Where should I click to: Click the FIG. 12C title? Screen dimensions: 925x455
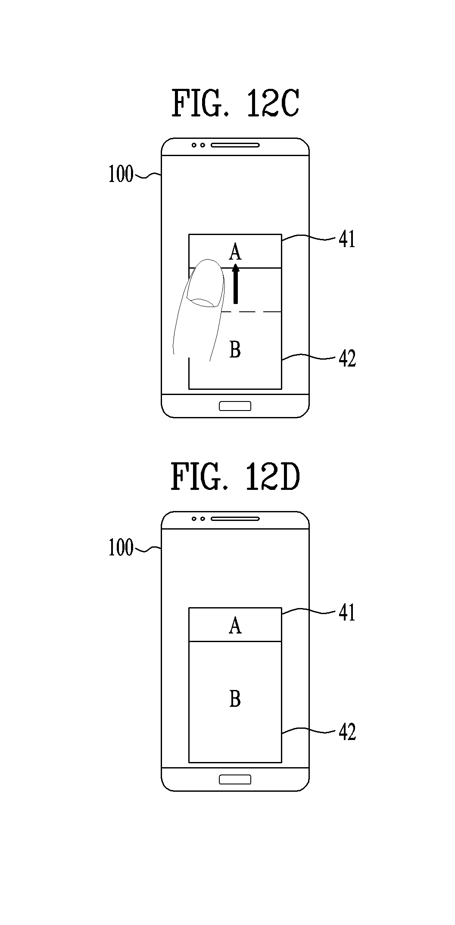[235, 103]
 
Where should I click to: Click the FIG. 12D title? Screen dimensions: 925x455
[235, 477]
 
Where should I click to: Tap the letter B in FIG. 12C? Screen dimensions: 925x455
[235, 350]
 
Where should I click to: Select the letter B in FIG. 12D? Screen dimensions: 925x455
[235, 699]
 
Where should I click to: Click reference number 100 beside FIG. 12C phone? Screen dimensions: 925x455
[121, 175]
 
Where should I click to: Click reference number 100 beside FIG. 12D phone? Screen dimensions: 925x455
[121, 548]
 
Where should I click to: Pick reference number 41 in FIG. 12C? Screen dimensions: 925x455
[347, 239]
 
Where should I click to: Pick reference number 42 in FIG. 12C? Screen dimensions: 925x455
[347, 359]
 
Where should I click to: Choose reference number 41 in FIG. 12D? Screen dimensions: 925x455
[347, 613]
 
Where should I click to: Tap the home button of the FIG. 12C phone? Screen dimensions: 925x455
[235, 406]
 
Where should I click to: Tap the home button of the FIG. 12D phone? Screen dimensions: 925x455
[235, 780]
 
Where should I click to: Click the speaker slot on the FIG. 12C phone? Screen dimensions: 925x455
[235, 145]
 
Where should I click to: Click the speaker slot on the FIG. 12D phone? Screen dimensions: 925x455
[235, 519]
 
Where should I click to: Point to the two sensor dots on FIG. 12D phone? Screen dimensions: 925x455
[198, 519]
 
